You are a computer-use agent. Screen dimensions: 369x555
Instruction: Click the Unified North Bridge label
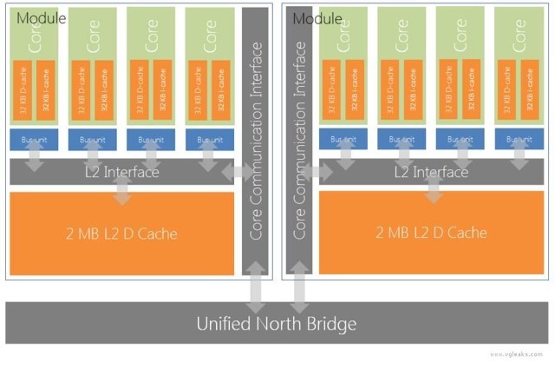point(277,325)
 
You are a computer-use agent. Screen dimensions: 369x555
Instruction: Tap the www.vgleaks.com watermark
point(519,354)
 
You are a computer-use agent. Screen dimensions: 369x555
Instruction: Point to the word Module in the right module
point(317,17)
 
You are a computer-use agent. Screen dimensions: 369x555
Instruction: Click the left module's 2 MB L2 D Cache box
point(121,233)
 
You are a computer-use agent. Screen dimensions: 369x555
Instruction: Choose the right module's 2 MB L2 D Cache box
point(431,233)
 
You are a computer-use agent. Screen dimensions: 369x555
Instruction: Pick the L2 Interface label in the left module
point(121,172)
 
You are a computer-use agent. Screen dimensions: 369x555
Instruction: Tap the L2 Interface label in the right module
point(431,172)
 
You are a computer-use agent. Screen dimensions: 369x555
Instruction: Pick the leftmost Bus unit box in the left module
point(34,139)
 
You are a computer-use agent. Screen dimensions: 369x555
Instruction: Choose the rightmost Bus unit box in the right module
point(519,139)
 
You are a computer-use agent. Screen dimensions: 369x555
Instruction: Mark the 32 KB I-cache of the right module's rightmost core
point(531,90)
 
